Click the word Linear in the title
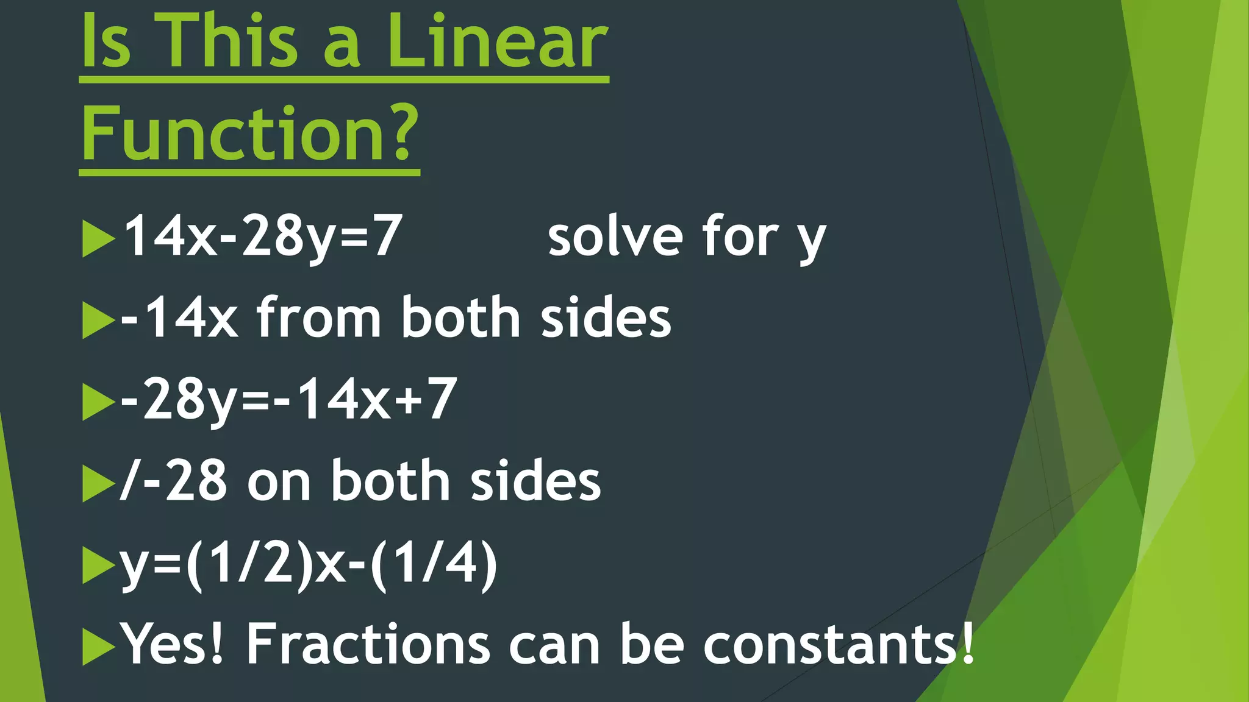(497, 41)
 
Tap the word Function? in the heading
(250, 133)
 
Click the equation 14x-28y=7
(262, 236)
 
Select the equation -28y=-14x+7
(288, 400)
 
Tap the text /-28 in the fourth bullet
(174, 481)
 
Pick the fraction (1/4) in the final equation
(434, 564)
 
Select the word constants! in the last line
(839, 643)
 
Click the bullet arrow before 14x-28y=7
(98, 238)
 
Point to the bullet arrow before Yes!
(98, 647)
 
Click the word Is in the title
(106, 41)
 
